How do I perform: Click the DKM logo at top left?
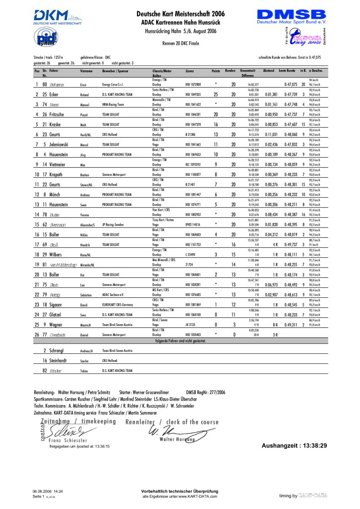(x=57, y=16)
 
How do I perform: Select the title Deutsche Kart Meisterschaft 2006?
(x=180, y=14)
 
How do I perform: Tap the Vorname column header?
(x=86, y=71)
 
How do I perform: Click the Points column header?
(x=216, y=71)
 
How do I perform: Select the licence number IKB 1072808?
(x=193, y=85)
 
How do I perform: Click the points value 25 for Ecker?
(x=216, y=94)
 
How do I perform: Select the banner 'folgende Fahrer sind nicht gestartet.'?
(x=180, y=341)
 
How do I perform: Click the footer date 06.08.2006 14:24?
(x=48, y=492)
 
